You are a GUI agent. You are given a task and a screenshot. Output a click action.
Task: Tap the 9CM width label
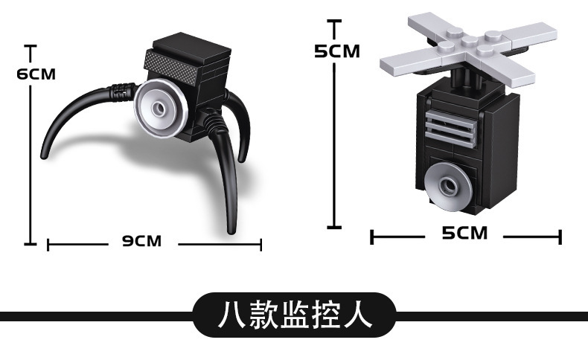[x=141, y=241]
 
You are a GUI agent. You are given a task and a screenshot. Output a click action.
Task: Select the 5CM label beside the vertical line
[x=336, y=51]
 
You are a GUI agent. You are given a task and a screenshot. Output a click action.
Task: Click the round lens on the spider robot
[x=160, y=109]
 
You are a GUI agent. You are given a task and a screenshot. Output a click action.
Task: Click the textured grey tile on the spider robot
[x=175, y=63]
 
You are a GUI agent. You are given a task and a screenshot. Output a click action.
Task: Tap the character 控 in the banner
[x=325, y=315]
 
